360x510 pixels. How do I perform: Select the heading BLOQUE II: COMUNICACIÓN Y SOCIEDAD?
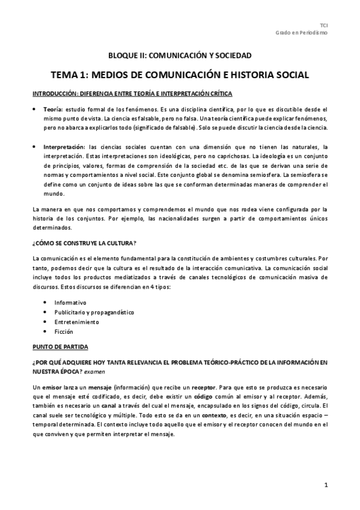click(180, 56)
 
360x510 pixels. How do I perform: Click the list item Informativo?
click(70, 302)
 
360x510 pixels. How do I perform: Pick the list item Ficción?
click(64, 331)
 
